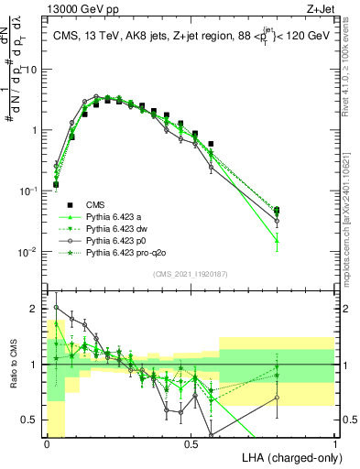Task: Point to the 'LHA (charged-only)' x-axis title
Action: coord(286,455)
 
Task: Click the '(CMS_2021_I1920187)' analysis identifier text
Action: coord(190,274)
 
